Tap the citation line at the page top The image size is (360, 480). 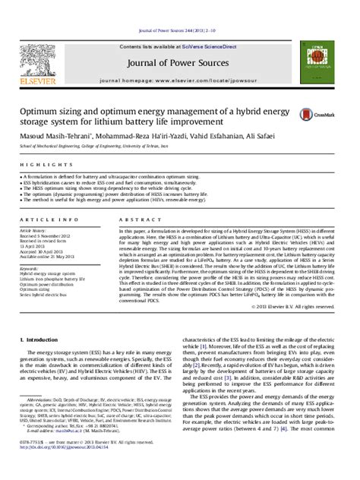[x=180, y=9]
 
